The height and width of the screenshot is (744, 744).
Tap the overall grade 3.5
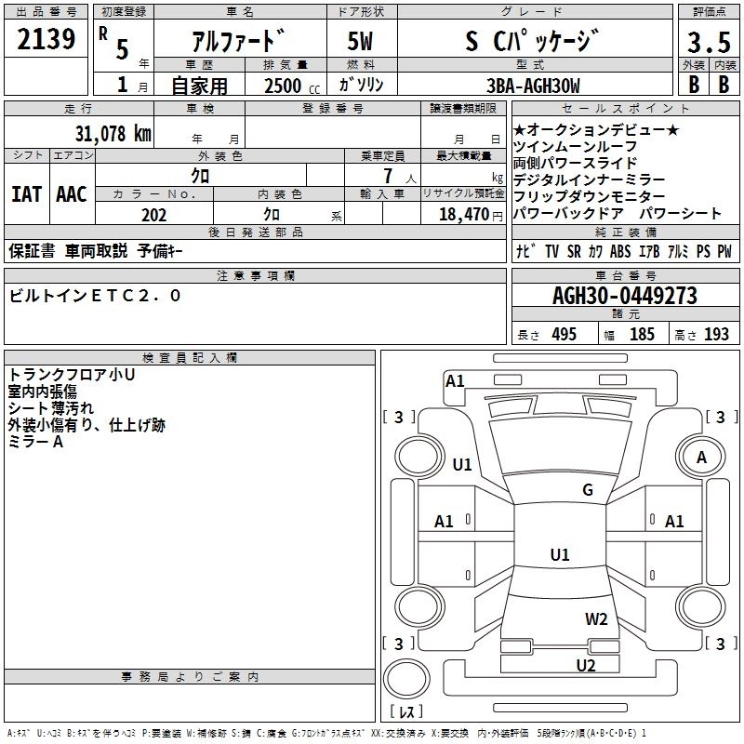[708, 43]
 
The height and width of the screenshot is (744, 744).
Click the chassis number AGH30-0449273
[624, 297]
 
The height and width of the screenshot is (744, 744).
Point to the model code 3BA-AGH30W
[533, 86]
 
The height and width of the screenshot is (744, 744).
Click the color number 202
[153, 214]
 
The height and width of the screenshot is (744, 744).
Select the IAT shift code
[26, 194]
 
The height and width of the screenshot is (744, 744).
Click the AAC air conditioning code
[72, 194]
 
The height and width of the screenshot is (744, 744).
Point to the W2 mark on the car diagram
[596, 618]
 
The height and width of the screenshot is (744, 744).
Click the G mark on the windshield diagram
[588, 490]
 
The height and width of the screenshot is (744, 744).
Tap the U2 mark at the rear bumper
[585, 665]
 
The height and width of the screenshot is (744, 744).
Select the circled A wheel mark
[701, 458]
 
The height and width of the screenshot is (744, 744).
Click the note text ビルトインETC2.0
[96, 296]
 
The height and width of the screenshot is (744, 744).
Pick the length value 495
[563, 334]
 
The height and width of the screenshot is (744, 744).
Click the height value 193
[716, 334]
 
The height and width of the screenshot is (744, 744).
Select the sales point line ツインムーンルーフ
[575, 147]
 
